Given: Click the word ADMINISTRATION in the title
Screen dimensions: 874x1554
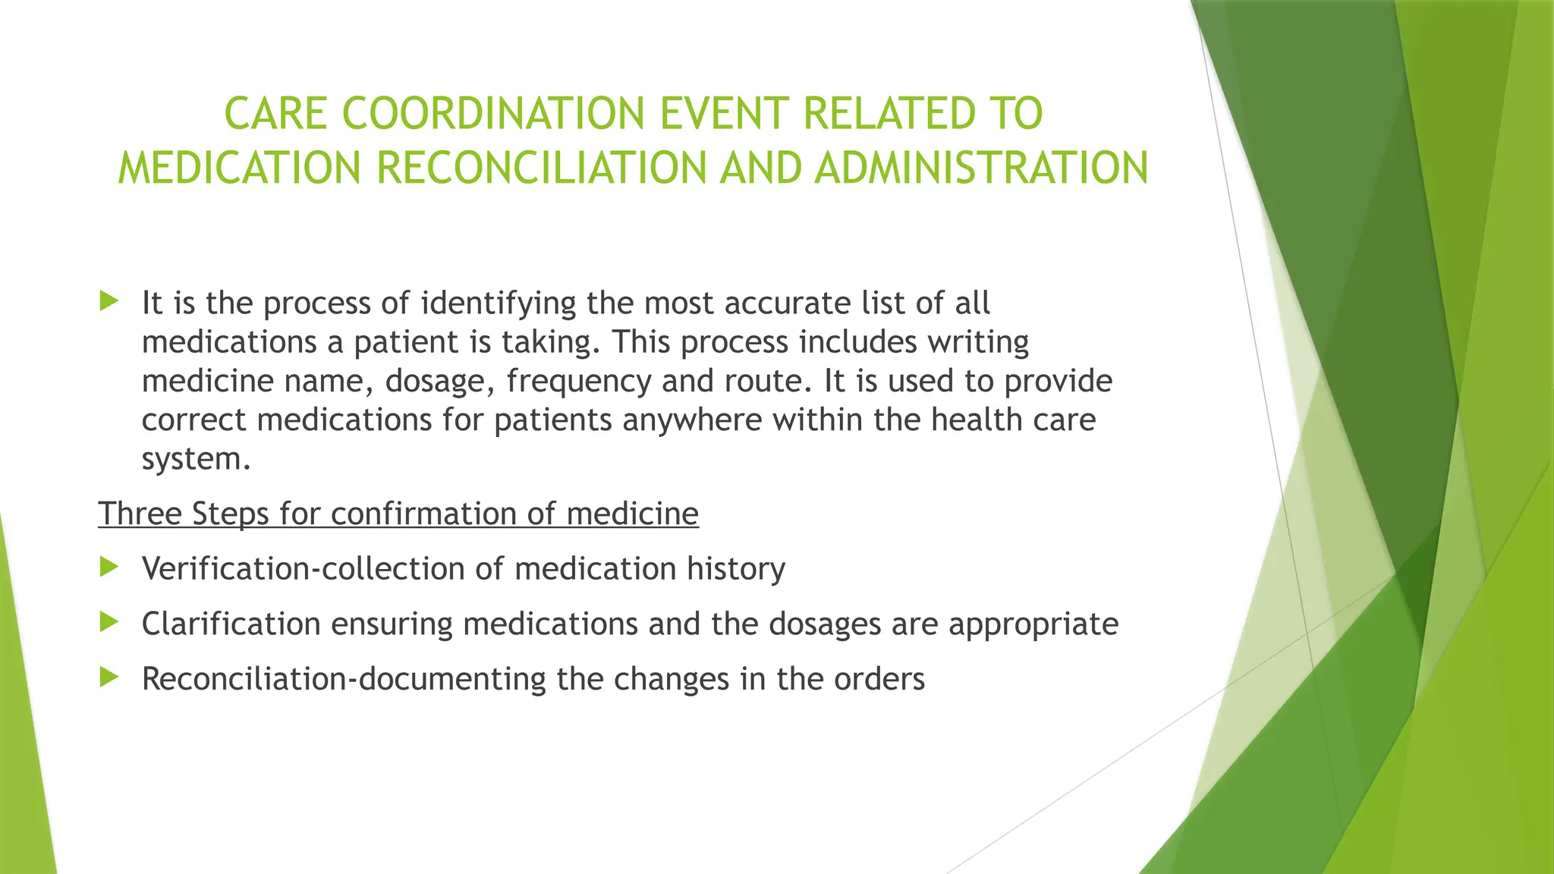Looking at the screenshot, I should click(x=982, y=168).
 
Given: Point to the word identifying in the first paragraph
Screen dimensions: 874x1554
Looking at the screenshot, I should click(x=499, y=303).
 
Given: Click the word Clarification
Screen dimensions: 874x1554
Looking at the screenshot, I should click(x=231, y=624).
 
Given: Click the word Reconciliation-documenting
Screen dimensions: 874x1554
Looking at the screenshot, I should click(x=344, y=679).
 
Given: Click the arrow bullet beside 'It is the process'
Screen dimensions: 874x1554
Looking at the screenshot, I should click(x=109, y=301).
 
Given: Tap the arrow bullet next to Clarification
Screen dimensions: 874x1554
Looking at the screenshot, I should click(x=109, y=622).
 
